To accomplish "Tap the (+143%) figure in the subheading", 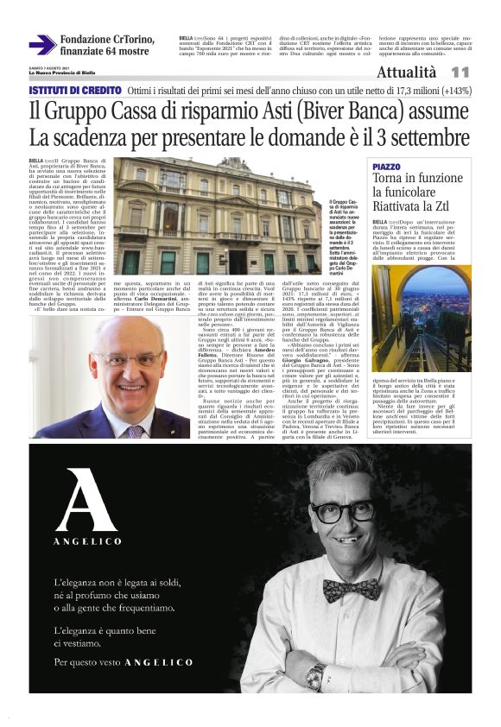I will click(x=444, y=91).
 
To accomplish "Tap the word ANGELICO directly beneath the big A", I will click(x=86, y=543).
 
